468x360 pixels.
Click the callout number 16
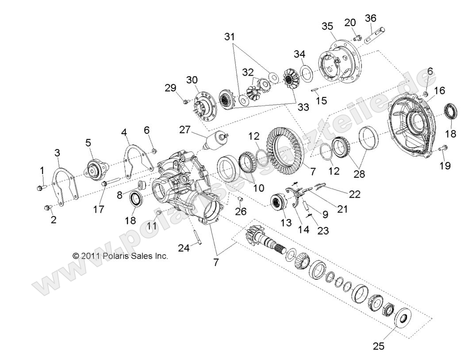point(439,91)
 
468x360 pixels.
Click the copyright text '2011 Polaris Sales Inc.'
point(120,256)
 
